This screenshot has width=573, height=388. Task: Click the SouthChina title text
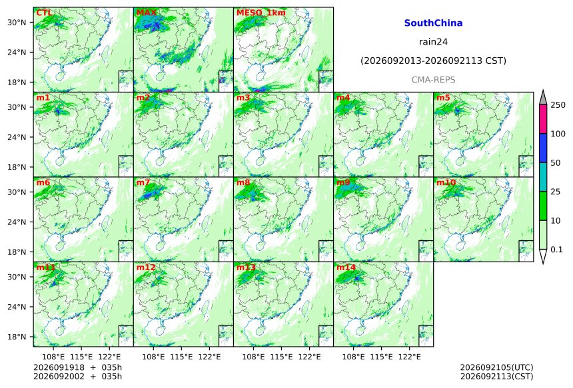[x=433, y=23]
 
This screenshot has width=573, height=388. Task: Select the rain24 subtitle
[x=433, y=42]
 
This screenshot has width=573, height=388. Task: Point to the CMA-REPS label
[x=433, y=80]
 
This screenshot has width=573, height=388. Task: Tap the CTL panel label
[x=44, y=13]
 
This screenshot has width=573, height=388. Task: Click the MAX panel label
[x=146, y=13]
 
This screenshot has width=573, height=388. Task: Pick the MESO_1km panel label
[x=261, y=13]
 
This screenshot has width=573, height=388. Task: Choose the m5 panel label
[x=443, y=98]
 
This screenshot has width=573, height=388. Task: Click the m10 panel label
[x=446, y=182]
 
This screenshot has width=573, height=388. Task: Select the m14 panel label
[x=346, y=268]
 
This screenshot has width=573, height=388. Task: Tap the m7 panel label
[x=143, y=182]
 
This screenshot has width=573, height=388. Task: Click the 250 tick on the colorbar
[x=558, y=105]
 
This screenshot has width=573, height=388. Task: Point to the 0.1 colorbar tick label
[x=556, y=250]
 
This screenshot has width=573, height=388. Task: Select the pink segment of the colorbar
[x=543, y=119]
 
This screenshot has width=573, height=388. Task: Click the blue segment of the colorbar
[x=543, y=148]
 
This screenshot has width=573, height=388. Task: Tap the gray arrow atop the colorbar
[x=543, y=98]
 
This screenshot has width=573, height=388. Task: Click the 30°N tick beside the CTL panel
[x=17, y=23]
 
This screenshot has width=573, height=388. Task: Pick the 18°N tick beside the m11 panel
[x=17, y=337]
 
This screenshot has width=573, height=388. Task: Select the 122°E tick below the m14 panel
[x=409, y=356]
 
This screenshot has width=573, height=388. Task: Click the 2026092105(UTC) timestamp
[x=496, y=367]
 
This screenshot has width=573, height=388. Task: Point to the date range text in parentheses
[x=433, y=61]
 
